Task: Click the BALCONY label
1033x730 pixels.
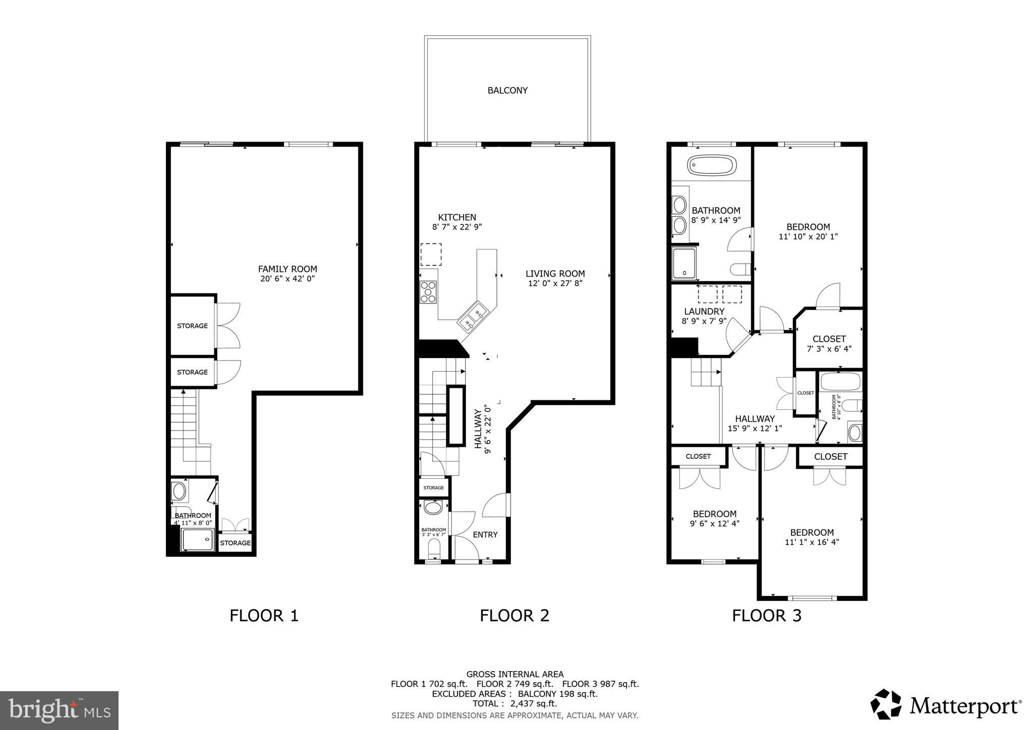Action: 507,91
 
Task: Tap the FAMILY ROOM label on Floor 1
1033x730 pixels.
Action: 288,269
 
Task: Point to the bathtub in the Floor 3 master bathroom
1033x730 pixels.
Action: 712,165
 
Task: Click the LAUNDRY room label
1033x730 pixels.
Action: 704,312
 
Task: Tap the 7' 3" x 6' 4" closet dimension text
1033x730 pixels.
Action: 829,349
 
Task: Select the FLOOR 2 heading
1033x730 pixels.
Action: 514,616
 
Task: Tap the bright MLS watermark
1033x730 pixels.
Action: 59,710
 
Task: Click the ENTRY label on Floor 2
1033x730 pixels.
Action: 485,535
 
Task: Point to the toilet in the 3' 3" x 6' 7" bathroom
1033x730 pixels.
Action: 433,548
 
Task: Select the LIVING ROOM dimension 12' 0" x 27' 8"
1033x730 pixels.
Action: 555,283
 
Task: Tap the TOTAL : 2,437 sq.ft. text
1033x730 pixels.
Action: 514,704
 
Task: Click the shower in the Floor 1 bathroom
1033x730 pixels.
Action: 198,540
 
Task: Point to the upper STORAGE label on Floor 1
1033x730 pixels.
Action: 192,326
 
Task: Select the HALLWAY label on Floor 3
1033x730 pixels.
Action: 755,419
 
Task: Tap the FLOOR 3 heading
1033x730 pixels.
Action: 766,616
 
